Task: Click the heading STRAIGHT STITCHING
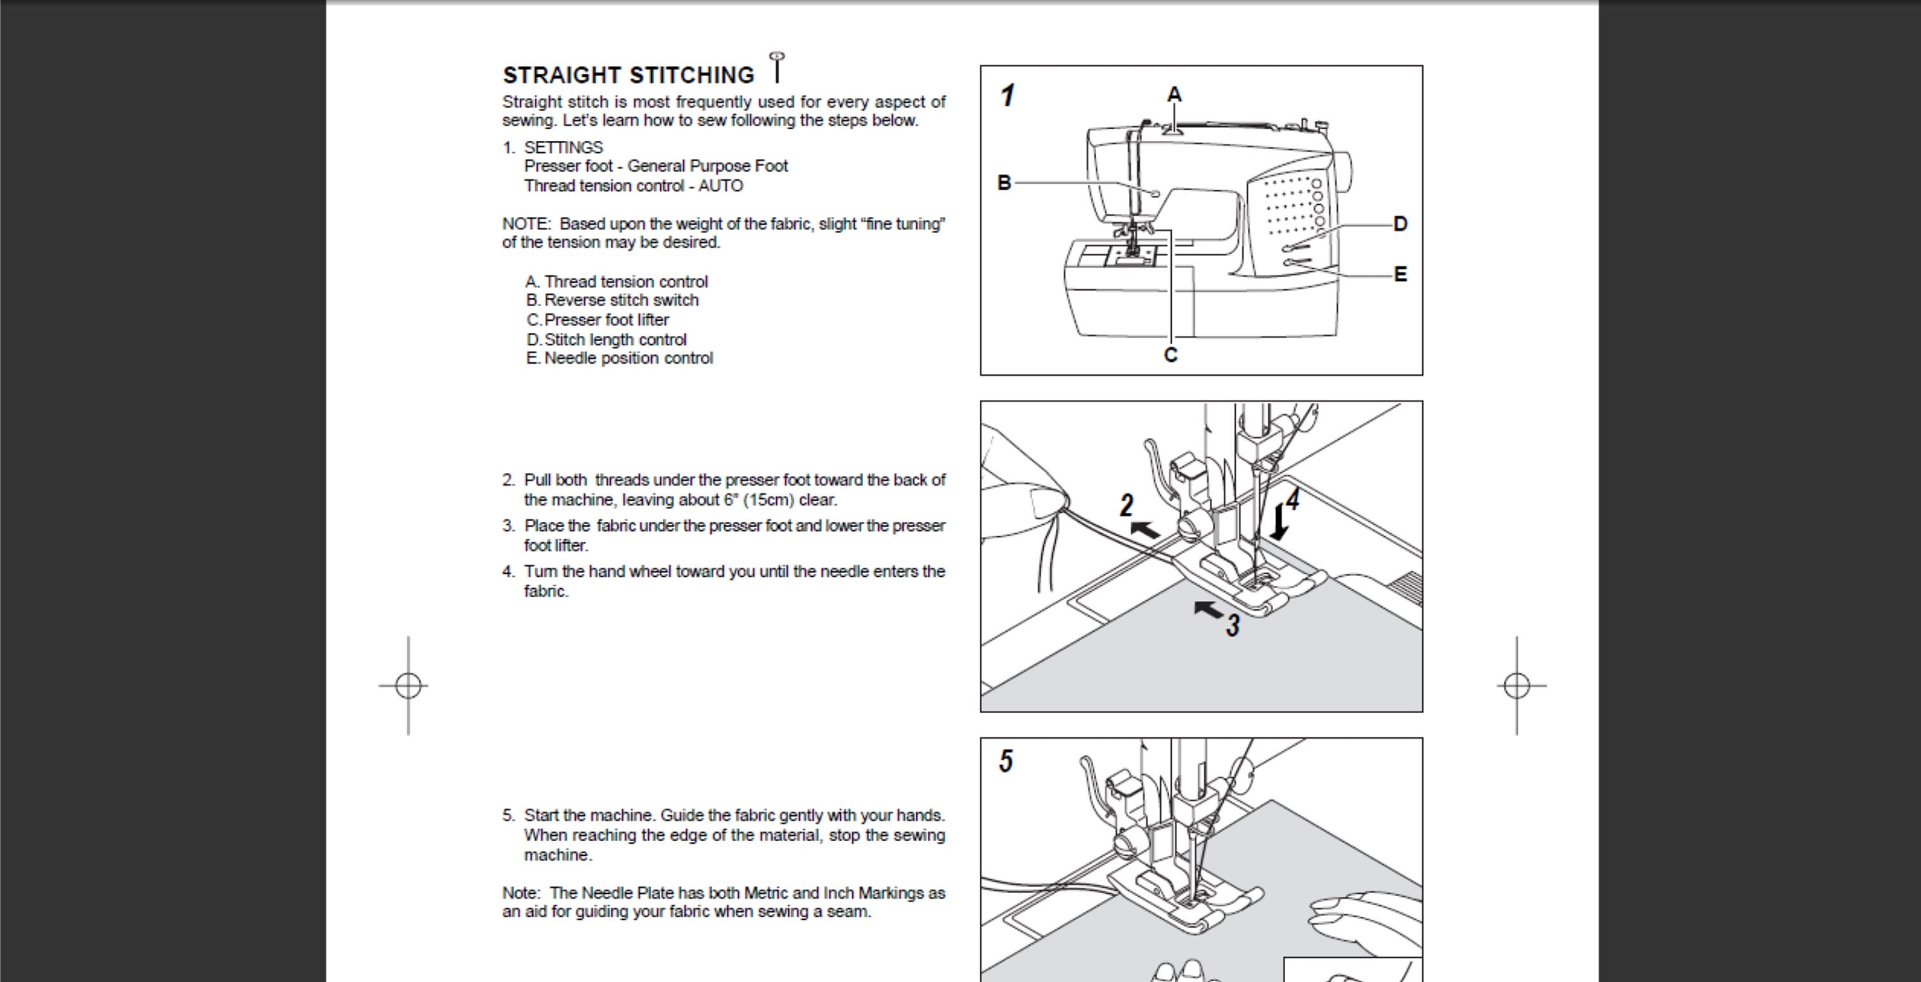629,76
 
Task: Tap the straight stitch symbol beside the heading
777,67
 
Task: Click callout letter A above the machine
1174,95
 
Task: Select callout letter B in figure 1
1005,182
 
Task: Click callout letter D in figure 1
1400,223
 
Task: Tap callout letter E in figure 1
1400,275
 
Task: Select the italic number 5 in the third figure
1006,761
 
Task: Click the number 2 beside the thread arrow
1127,506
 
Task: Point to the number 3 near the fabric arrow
1233,625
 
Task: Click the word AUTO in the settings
720,186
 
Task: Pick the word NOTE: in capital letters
526,223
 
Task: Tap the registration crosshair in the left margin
408,685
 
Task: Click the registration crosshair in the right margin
1517,685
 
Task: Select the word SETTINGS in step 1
563,148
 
